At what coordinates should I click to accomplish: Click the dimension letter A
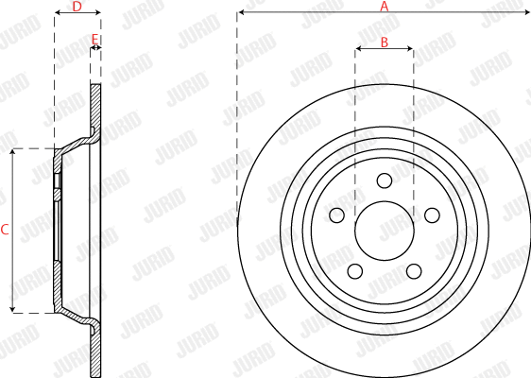(384, 7)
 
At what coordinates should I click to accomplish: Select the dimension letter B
(385, 42)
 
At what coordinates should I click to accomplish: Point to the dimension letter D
(77, 7)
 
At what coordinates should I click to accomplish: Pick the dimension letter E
(94, 39)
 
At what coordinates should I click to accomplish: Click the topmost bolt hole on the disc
(384, 181)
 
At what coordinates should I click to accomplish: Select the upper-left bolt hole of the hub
(336, 215)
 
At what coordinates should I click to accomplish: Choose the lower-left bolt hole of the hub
(354, 271)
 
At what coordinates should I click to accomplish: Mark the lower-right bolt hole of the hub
(414, 271)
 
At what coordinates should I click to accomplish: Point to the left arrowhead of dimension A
(241, 13)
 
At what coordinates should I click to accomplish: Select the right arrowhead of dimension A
(527, 13)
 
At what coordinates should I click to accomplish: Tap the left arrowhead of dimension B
(358, 49)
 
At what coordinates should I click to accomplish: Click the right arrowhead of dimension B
(410, 49)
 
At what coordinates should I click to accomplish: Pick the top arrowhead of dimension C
(12, 152)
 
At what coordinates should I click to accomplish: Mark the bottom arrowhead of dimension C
(12, 309)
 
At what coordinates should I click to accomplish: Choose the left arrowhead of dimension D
(57, 13)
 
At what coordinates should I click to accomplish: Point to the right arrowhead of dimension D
(97, 13)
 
